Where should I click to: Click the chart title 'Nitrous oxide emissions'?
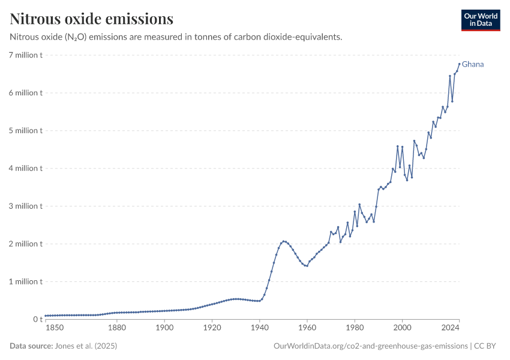92,19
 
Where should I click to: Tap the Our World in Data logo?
480,20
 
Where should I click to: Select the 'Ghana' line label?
473,64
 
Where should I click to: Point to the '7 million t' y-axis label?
26,55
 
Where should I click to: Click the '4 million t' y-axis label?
26,168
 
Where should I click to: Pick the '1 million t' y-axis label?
26,281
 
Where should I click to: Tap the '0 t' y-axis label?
37,319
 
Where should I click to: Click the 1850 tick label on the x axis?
54,328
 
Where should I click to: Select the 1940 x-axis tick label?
259,328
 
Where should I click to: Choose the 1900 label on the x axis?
164,328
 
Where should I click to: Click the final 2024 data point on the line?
459,64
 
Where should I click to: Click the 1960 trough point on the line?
307,266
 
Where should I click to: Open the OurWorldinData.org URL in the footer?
370,346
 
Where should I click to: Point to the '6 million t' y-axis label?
26,93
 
